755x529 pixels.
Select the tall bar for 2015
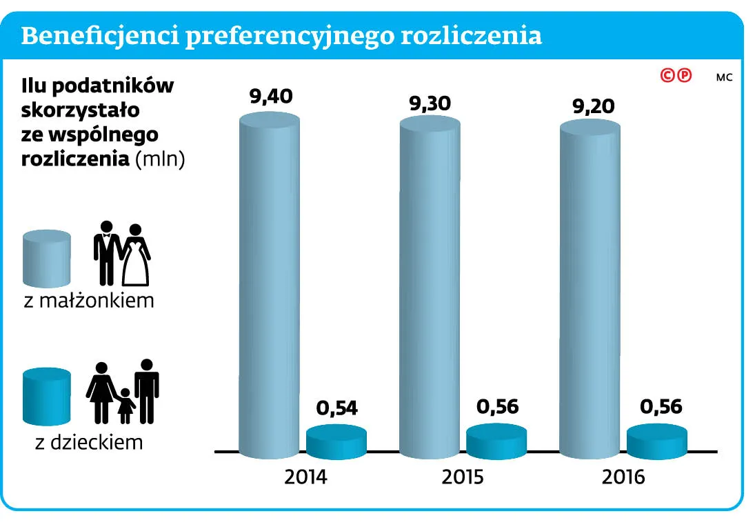(x=430, y=290)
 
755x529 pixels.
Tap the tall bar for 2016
(x=590, y=290)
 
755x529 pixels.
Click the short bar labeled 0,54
(x=336, y=442)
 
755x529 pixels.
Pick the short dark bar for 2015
(x=496, y=442)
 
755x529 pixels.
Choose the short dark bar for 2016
(x=657, y=442)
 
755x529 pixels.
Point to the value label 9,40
(x=271, y=97)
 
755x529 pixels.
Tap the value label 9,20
(x=590, y=107)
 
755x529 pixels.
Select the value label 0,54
(x=338, y=408)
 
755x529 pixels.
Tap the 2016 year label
(x=623, y=477)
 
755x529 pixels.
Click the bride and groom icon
(x=121, y=254)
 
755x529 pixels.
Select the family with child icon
(x=123, y=391)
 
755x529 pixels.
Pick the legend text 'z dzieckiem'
(x=89, y=441)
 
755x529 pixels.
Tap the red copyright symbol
(x=667, y=75)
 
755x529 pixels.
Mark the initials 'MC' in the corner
(x=723, y=77)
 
